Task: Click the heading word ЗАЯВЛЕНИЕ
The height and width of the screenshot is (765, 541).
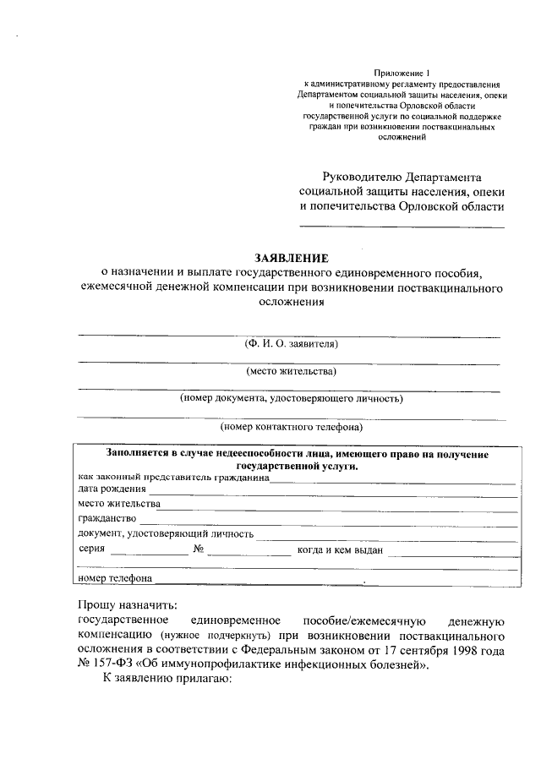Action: point(291,257)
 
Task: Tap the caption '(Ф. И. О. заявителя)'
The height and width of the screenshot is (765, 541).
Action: point(291,345)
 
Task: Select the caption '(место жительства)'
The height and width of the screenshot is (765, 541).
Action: point(291,371)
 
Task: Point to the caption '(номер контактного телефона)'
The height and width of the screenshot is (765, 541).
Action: point(291,427)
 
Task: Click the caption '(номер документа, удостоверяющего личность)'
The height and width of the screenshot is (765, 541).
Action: point(291,398)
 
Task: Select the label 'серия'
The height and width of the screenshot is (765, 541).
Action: point(91,549)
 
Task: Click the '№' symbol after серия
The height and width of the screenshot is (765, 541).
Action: point(199,549)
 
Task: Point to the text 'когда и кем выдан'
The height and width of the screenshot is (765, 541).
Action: point(341,550)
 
